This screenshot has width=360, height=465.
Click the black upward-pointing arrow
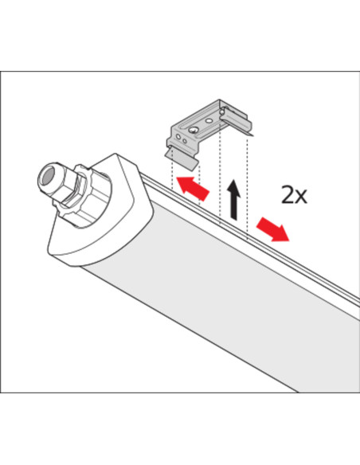(235, 200)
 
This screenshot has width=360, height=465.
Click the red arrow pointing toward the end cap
(193, 188)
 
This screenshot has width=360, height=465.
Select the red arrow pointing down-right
(272, 229)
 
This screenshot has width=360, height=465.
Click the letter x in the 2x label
(302, 197)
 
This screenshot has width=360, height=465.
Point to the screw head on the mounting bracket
(194, 129)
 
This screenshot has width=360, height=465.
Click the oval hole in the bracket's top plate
(209, 121)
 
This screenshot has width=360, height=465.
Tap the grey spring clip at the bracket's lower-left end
(181, 158)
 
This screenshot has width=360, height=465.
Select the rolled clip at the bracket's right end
(237, 121)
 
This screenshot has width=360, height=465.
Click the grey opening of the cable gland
(46, 178)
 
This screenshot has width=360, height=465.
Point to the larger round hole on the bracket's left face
(178, 137)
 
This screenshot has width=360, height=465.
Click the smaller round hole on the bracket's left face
(185, 141)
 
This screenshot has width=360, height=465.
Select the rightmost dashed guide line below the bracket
(247, 186)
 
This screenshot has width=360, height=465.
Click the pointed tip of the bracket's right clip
(253, 136)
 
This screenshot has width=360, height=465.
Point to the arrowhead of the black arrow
(234, 186)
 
